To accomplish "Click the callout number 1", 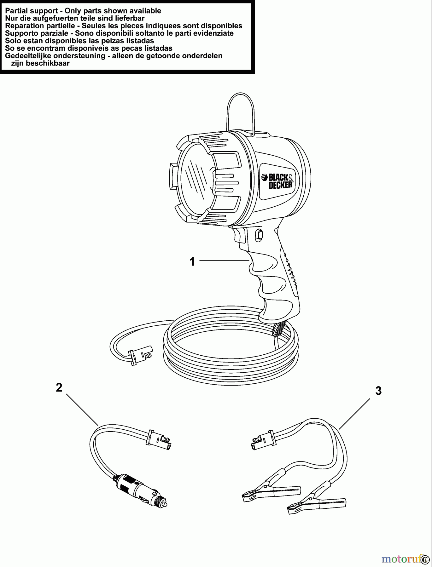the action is [x=192, y=261].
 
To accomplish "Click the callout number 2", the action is [x=59, y=388].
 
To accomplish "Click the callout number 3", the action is [x=378, y=391].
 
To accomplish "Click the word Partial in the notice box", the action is [x=16, y=11].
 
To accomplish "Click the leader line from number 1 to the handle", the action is [x=224, y=261].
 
